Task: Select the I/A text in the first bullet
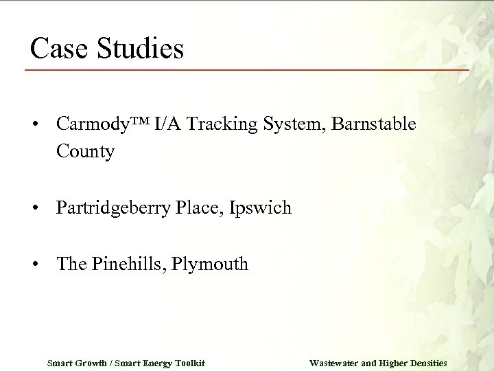tap(169, 126)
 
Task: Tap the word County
tap(86, 152)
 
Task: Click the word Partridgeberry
tap(110, 207)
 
